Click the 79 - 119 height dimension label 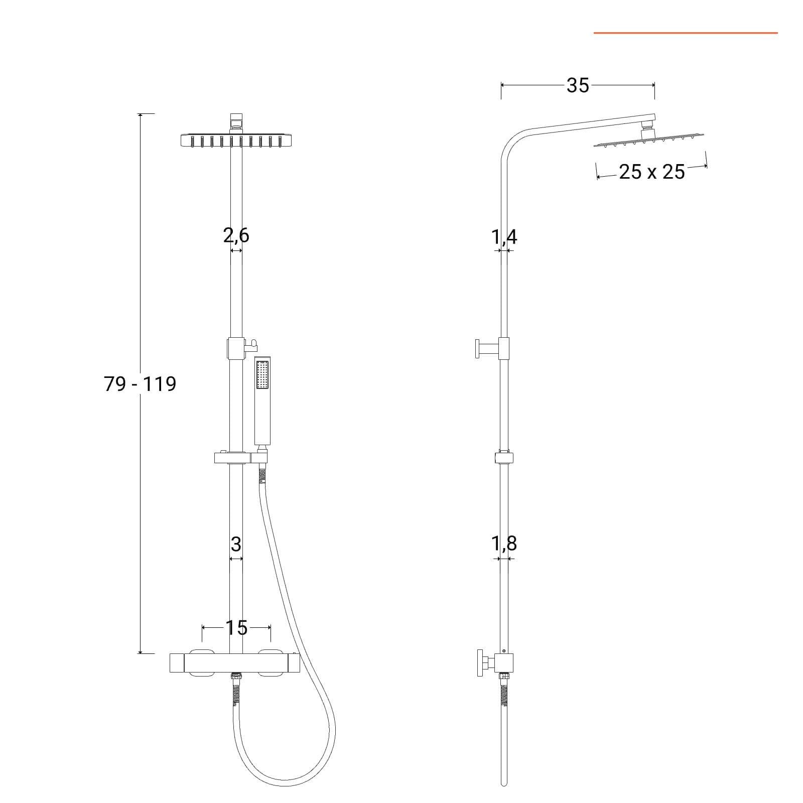[x=140, y=384]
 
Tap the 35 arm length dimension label [x=578, y=86]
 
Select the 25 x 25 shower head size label [x=652, y=172]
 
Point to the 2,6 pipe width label [x=236, y=235]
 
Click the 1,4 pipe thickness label [x=504, y=236]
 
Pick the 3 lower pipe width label [x=236, y=544]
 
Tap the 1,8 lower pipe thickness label [x=504, y=543]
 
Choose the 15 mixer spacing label [x=236, y=628]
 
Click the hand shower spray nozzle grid [x=262, y=374]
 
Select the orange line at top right [x=686, y=33]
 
